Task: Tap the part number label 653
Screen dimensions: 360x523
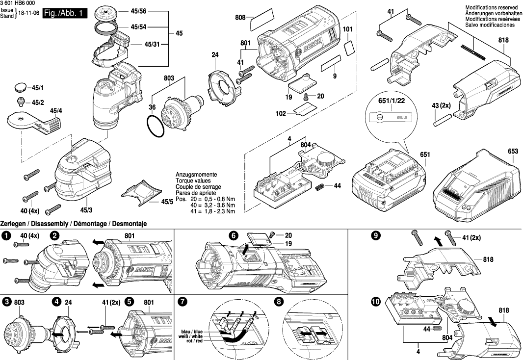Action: (513, 152)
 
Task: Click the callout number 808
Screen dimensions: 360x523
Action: (240, 18)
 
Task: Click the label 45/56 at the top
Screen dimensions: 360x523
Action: (138, 11)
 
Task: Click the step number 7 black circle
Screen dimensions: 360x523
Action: (183, 302)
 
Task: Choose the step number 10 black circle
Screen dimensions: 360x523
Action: (376, 303)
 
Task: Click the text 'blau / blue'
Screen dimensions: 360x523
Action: (192, 332)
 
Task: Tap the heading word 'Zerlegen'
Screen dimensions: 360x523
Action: (14, 224)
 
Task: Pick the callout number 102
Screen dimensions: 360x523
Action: (280, 114)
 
